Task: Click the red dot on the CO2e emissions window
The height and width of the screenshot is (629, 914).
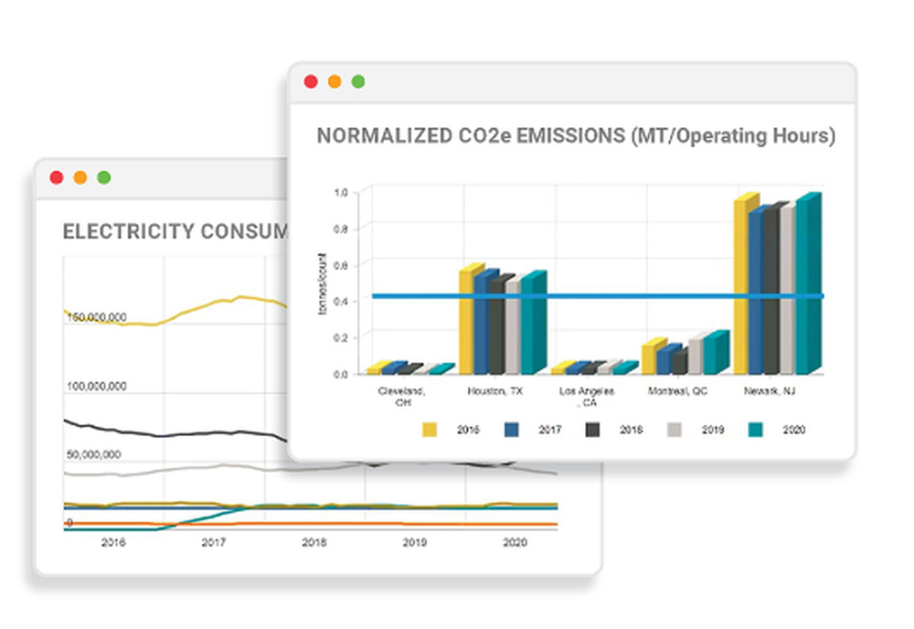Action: pos(311,81)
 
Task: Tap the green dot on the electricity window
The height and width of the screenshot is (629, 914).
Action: pos(104,177)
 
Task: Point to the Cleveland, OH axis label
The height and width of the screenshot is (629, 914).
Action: pos(401,396)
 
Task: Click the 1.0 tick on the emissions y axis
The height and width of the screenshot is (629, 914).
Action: pos(341,192)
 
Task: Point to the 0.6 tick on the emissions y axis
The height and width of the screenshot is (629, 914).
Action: pos(341,264)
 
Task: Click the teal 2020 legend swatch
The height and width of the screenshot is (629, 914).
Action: pos(756,429)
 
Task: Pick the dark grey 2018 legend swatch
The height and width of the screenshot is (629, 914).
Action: pos(593,429)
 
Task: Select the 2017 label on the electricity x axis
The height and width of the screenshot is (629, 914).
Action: pos(213,542)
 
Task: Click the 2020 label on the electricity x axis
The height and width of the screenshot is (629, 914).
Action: pos(515,542)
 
